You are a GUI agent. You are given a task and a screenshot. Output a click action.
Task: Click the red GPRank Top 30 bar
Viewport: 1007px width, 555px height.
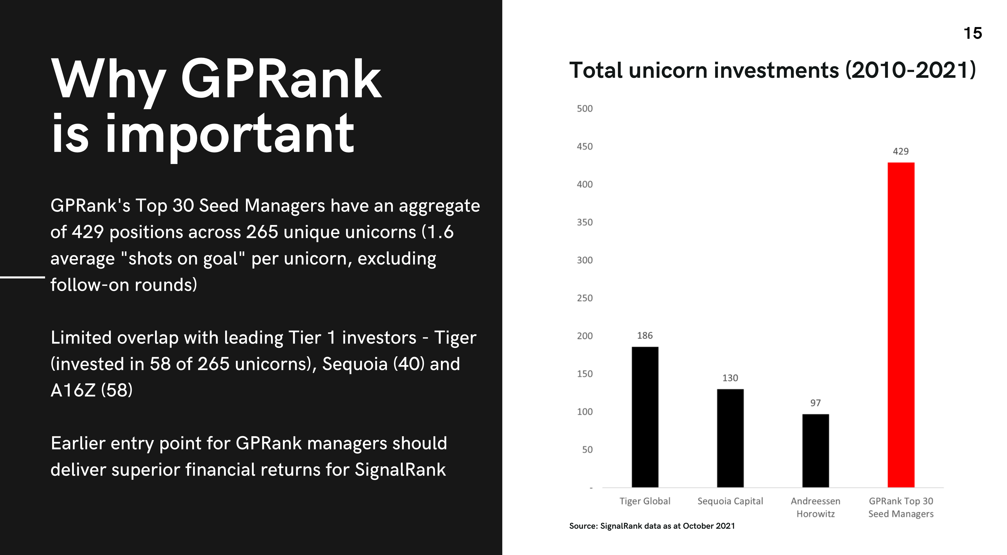point(901,325)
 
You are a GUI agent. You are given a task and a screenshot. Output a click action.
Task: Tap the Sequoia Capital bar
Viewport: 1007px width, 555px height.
point(730,438)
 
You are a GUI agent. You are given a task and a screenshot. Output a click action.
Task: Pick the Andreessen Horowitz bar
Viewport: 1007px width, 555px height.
point(816,451)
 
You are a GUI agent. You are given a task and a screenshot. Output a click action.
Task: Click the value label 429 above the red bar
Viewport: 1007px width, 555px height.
point(901,151)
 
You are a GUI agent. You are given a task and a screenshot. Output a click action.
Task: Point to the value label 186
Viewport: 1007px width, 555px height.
point(645,336)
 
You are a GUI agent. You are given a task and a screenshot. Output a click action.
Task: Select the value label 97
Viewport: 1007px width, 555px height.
point(816,403)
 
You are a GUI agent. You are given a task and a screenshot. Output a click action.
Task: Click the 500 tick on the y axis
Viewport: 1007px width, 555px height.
point(585,109)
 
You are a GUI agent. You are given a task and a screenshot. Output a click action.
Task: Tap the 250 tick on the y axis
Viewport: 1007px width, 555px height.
point(585,298)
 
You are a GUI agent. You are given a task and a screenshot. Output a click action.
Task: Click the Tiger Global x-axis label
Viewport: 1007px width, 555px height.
point(645,501)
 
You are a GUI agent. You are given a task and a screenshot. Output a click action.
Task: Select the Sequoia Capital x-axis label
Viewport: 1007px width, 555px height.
point(730,501)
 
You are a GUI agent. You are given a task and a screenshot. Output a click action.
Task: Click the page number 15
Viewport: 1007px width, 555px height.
point(973,33)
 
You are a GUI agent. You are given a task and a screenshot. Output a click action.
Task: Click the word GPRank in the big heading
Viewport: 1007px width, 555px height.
point(281,79)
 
